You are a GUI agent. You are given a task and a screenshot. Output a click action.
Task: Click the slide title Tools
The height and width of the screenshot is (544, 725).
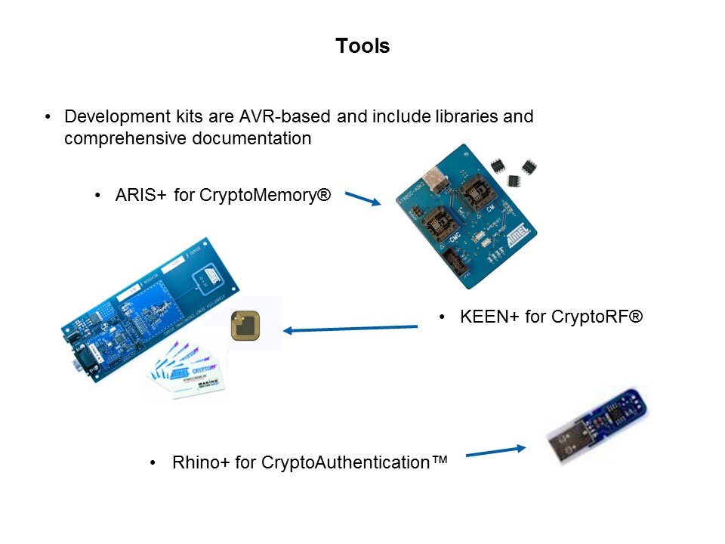(362, 46)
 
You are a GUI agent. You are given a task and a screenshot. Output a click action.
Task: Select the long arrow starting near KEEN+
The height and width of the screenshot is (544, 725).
(350, 329)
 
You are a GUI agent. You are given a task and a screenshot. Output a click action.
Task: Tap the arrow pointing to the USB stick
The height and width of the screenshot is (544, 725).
(495, 452)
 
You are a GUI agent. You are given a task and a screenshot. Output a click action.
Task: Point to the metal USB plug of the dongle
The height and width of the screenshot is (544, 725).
(563, 446)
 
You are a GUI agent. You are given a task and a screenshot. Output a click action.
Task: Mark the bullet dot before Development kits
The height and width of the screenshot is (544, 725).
(48, 118)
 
